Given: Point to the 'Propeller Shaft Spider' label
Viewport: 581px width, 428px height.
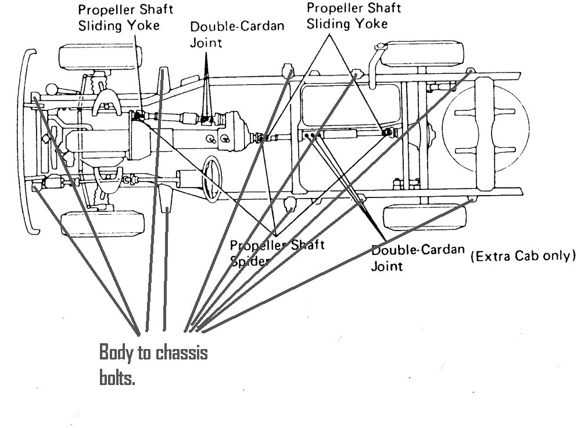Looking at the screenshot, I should (278, 252).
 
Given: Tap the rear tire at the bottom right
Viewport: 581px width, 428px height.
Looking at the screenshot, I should (424, 218).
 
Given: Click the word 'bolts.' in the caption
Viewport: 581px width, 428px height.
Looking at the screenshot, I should (117, 379).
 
